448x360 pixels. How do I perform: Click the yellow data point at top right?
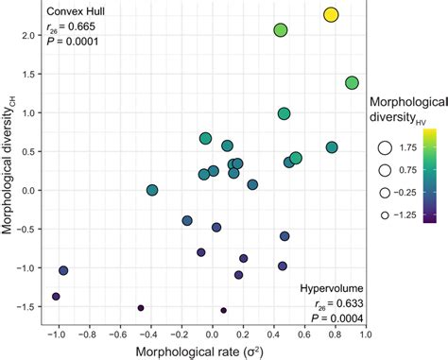click(331, 15)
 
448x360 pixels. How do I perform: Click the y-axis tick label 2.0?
click(28, 35)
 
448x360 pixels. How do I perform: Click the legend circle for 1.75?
click(385, 147)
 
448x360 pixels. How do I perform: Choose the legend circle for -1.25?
click(385, 214)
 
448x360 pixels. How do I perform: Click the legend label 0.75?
click(412, 170)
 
